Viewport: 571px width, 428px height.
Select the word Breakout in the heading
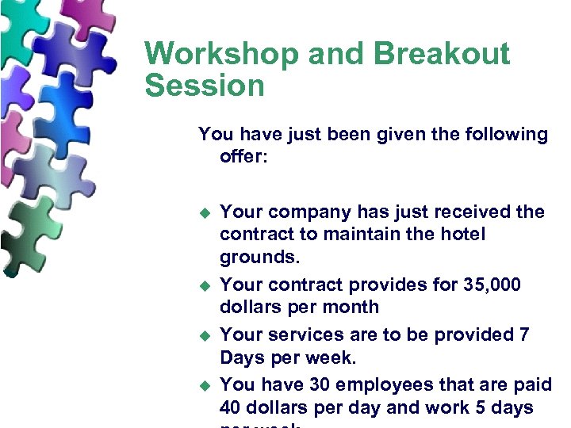[x=443, y=55]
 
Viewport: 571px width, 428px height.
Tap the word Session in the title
[x=204, y=85]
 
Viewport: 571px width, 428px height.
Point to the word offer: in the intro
[x=244, y=157]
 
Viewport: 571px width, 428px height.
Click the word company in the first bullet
[x=304, y=212]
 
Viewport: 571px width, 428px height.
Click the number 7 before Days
[x=524, y=334]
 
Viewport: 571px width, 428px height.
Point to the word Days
[x=243, y=357]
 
